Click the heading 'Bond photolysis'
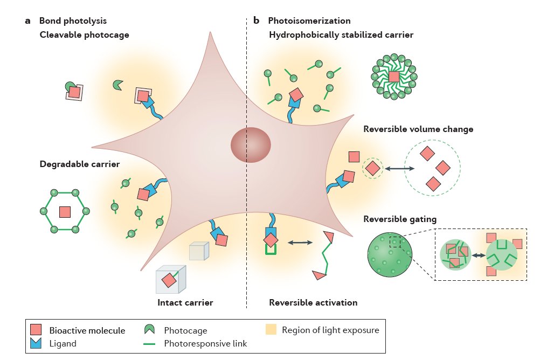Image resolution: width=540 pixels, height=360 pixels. tap(73, 21)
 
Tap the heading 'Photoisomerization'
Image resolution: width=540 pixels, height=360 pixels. tap(309, 21)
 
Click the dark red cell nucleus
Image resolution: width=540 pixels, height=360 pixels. tap(251, 144)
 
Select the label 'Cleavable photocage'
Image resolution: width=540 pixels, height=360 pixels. tap(84, 36)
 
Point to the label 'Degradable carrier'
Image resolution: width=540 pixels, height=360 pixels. tap(79, 164)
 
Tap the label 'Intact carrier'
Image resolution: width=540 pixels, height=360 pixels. tap(185, 302)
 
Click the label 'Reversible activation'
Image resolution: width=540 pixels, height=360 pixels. tap(313, 302)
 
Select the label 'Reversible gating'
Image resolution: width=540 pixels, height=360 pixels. tap(400, 219)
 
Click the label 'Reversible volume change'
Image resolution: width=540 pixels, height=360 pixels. tap(418, 129)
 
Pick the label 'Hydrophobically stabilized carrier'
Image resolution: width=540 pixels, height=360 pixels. tap(341, 36)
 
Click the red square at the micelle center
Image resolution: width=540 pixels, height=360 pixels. tap(394, 77)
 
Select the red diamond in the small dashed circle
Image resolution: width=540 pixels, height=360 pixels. tap(372, 168)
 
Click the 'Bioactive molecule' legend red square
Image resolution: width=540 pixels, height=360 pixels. tap(37, 330)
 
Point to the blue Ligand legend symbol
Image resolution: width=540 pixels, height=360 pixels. tap(37, 343)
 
